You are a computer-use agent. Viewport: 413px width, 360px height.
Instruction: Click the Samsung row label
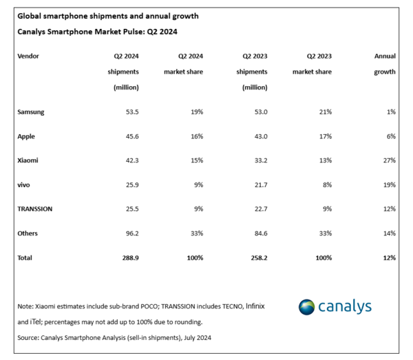[32, 112]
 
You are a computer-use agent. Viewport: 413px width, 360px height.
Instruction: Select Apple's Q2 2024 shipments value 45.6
[130, 136]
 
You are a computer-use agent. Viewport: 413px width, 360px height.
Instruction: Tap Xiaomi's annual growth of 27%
[389, 160]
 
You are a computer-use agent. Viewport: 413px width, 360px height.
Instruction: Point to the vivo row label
[25, 184]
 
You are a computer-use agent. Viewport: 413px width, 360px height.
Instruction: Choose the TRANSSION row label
[36, 209]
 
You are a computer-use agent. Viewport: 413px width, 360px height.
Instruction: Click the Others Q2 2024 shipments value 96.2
[130, 233]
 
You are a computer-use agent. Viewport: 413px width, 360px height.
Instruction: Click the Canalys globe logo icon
[307, 307]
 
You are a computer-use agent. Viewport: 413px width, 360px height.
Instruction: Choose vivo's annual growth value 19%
[389, 184]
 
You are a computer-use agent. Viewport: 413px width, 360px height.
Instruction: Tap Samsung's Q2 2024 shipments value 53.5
[130, 112]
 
